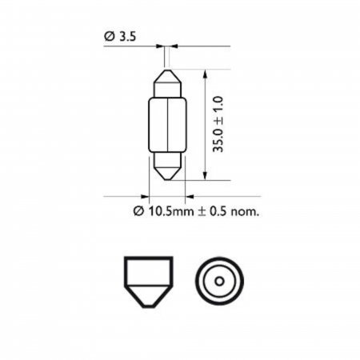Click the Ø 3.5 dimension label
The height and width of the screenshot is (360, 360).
click(120, 37)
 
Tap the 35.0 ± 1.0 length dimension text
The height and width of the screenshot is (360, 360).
click(218, 124)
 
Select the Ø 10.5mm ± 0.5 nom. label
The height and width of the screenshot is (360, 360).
click(196, 211)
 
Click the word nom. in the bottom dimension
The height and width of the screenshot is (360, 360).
click(245, 212)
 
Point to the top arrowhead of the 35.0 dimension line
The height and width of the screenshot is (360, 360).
click(205, 74)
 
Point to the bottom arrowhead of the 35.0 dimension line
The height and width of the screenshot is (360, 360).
click(205, 175)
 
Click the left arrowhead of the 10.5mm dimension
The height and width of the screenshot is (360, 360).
click(145, 197)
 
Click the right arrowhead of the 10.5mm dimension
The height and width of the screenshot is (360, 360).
click(190, 197)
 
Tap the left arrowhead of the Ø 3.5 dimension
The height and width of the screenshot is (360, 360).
click(160, 46)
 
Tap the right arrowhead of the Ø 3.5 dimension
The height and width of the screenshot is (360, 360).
click(174, 46)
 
